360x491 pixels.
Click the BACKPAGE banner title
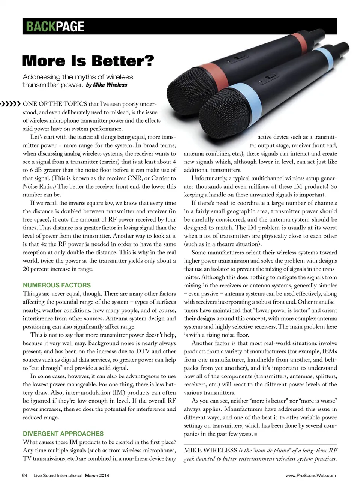55,27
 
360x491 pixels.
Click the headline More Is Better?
88,61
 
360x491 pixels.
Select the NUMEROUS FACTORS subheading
57,285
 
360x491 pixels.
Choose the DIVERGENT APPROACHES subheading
63,434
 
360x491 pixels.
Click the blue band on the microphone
247,94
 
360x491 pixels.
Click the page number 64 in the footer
25,476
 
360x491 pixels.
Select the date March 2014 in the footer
97,476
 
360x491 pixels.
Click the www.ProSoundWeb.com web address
310,476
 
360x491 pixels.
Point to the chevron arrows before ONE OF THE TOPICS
10,104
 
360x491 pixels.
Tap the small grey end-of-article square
256,434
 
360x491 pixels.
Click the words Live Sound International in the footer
57,476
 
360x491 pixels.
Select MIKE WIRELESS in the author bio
210,451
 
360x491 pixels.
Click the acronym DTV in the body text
143,352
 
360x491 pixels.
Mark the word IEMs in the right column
329,352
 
